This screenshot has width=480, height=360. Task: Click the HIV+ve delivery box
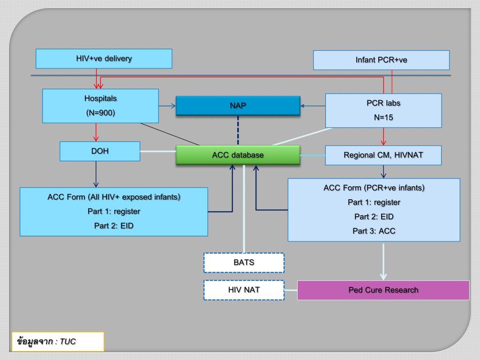[104, 59]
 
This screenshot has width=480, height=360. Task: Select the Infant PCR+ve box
[381, 60]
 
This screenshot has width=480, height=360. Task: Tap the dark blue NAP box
[238, 105]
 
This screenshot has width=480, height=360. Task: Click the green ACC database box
[238, 155]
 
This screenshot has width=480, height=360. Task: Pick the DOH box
[100, 151]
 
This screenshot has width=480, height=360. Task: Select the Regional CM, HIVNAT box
[383, 155]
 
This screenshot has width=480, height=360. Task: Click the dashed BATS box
[244, 262]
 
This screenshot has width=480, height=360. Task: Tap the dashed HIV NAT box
[244, 290]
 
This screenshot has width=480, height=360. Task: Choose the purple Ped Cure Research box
[383, 290]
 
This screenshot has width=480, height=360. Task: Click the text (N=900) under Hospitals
[100, 113]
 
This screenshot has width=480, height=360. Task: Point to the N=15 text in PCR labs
[383, 117]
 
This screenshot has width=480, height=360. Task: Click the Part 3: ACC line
[374, 231]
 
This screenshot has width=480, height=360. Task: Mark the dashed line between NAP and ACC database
[238, 130]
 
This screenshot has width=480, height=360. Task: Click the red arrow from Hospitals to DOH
[96, 132]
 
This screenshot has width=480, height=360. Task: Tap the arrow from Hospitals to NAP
[167, 106]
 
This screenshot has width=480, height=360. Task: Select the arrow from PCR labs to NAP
[313, 106]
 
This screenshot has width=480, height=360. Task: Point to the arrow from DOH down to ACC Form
[96, 174]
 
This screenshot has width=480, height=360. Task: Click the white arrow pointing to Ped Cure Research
[383, 262]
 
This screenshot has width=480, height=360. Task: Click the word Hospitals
[100, 98]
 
